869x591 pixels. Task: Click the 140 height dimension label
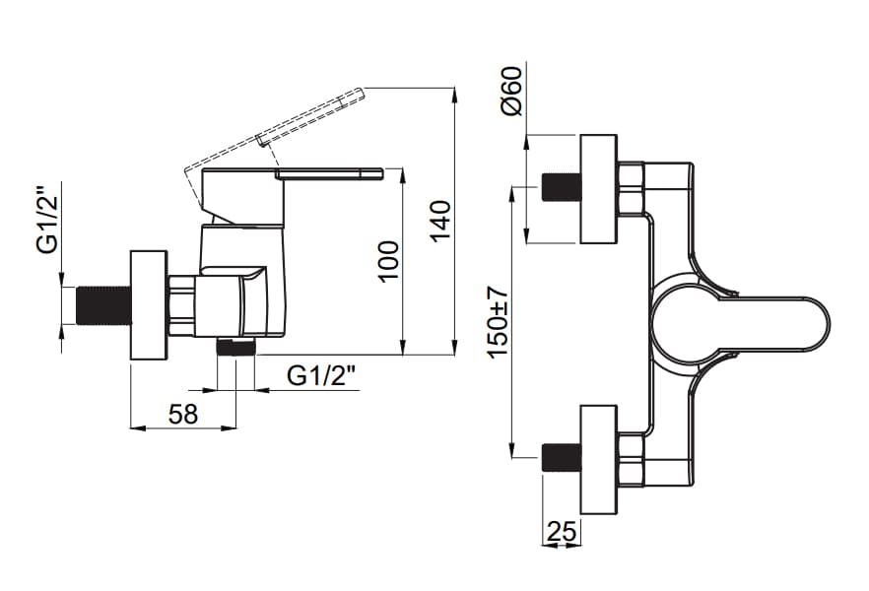tap(440, 222)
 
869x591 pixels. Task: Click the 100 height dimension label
tap(390, 260)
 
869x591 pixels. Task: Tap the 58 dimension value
tap(182, 414)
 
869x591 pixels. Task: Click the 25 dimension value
tap(562, 532)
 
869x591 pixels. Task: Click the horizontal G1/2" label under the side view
tap(322, 376)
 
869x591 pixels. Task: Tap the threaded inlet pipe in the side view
tap(102, 304)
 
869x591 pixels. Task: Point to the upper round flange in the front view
tap(598, 188)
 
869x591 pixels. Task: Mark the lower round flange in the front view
tap(598, 459)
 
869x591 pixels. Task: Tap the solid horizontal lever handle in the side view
tap(330, 174)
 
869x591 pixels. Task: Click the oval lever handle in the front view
tap(749, 323)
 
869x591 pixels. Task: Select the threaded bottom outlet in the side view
tap(235, 347)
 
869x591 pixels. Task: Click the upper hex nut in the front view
tap(631, 188)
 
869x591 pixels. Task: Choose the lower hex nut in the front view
tap(631, 459)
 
